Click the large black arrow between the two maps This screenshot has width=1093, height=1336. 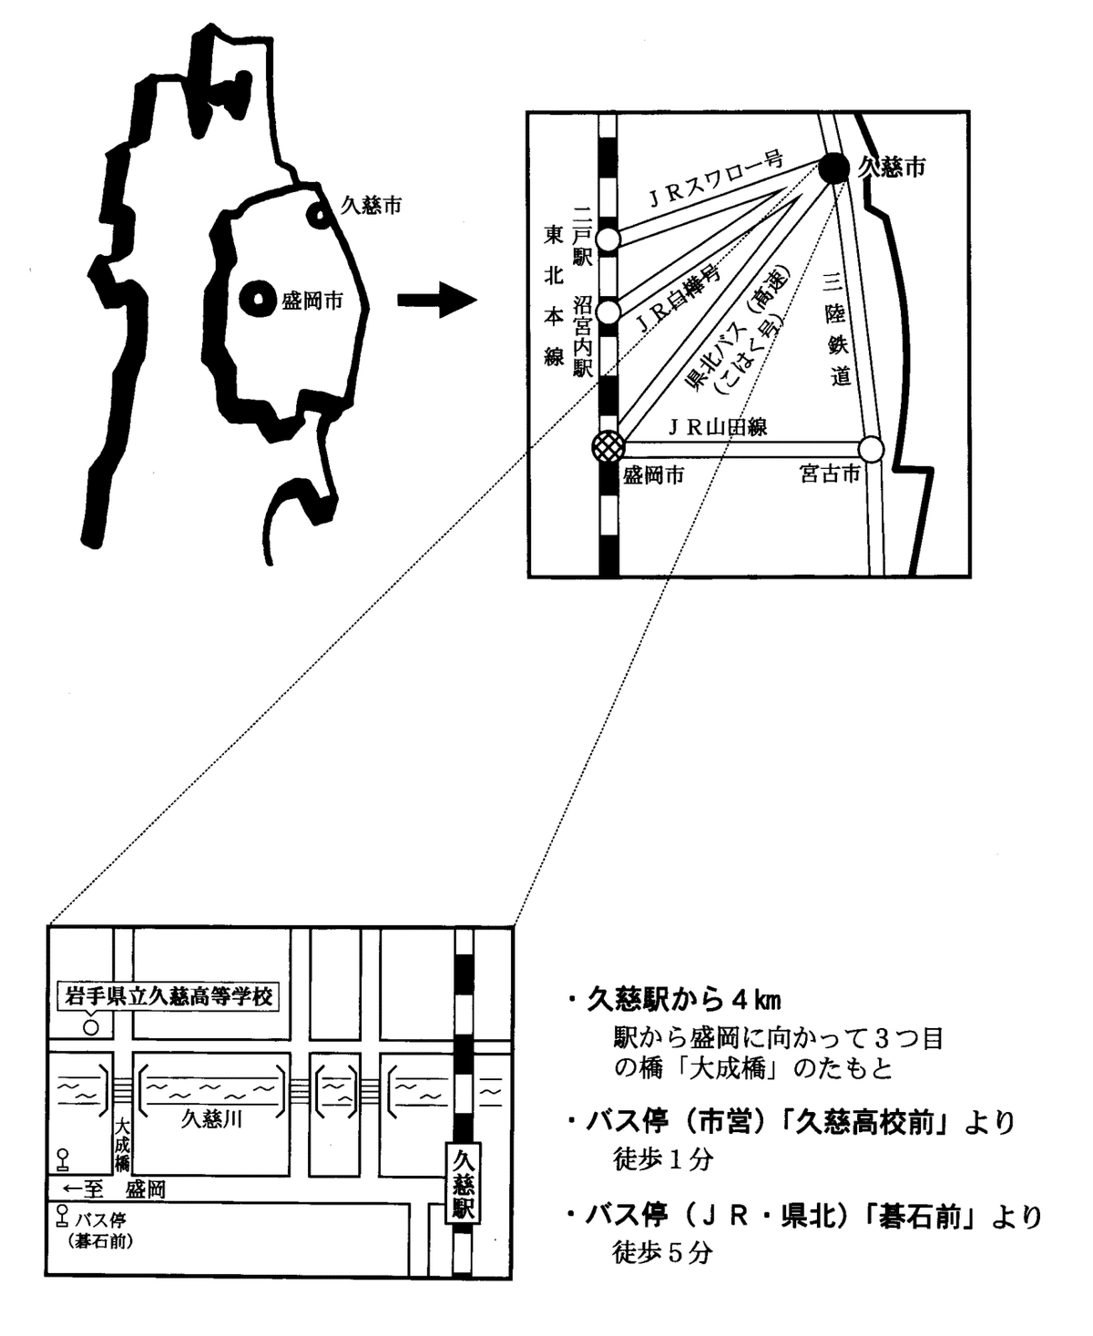[437, 300]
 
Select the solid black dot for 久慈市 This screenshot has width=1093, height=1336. [833, 168]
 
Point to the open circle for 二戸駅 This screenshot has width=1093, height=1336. [608, 240]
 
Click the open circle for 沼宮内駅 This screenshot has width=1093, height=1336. [608, 311]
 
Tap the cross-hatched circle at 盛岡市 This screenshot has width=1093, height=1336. [608, 446]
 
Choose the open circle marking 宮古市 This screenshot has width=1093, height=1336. [872, 449]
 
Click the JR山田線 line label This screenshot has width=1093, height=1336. [717, 428]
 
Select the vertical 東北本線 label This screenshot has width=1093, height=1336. [554, 296]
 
